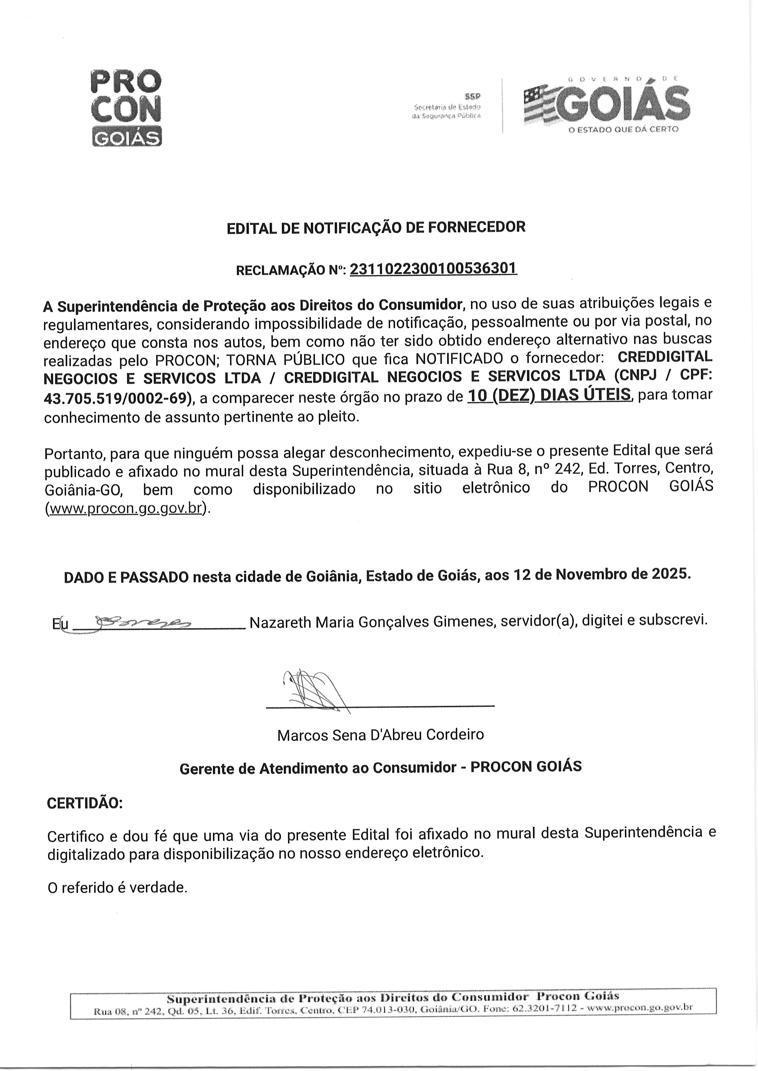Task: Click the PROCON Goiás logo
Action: point(126,108)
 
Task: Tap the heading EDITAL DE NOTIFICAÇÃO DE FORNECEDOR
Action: point(376,227)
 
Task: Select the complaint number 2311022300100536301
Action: point(433,269)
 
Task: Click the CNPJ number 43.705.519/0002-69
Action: point(117,398)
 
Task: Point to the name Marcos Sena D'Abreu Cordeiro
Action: point(381,735)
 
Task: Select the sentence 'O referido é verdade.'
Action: point(118,888)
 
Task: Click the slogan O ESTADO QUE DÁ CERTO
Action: point(623,129)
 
